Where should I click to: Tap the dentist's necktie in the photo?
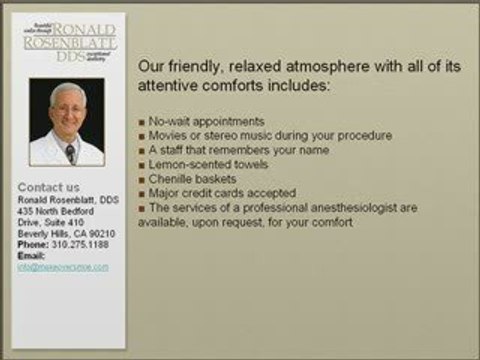(x=70, y=153)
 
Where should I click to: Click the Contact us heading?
(x=49, y=187)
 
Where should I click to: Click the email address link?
(x=63, y=267)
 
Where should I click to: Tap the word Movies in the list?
(x=165, y=136)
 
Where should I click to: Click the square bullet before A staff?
(x=142, y=150)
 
